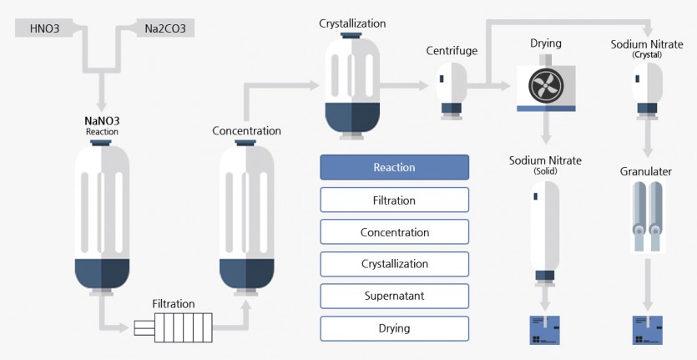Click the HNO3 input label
(44, 28)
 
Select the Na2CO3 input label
(165, 28)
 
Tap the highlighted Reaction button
(394, 167)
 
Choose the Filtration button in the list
(394, 200)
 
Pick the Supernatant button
(394, 296)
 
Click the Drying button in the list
(394, 328)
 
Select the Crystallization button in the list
(394, 264)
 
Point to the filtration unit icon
(174, 327)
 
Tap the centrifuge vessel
(452, 91)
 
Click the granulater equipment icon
(648, 217)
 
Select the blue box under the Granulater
(648, 330)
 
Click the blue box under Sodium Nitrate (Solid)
(544, 330)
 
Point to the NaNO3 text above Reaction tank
(102, 121)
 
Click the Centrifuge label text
(452, 51)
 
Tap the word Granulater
(646, 172)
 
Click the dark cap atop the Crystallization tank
(352, 35)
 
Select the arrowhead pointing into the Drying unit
(505, 86)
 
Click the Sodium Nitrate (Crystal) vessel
(647, 91)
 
